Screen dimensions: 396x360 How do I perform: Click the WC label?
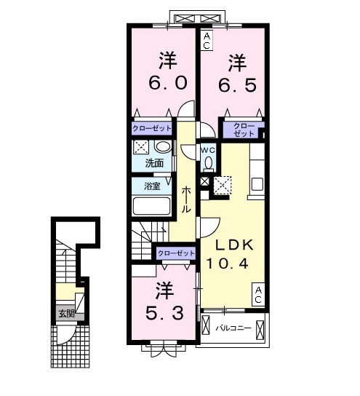pyautogui.click(x=208, y=150)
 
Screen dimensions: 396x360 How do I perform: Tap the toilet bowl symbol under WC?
pyautogui.click(x=208, y=164)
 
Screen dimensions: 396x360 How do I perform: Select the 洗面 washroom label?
pyautogui.click(x=154, y=163)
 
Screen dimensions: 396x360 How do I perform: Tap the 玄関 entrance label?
pyautogui.click(x=68, y=314)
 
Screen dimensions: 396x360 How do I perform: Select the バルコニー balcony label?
pyautogui.click(x=233, y=328)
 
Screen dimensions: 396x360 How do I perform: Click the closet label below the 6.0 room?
pyautogui.click(x=152, y=128)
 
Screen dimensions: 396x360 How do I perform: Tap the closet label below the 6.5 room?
pyautogui.click(x=244, y=130)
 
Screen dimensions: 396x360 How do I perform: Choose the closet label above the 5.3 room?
pyautogui.click(x=176, y=253)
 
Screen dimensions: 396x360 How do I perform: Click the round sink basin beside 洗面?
pyautogui.click(x=161, y=147)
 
